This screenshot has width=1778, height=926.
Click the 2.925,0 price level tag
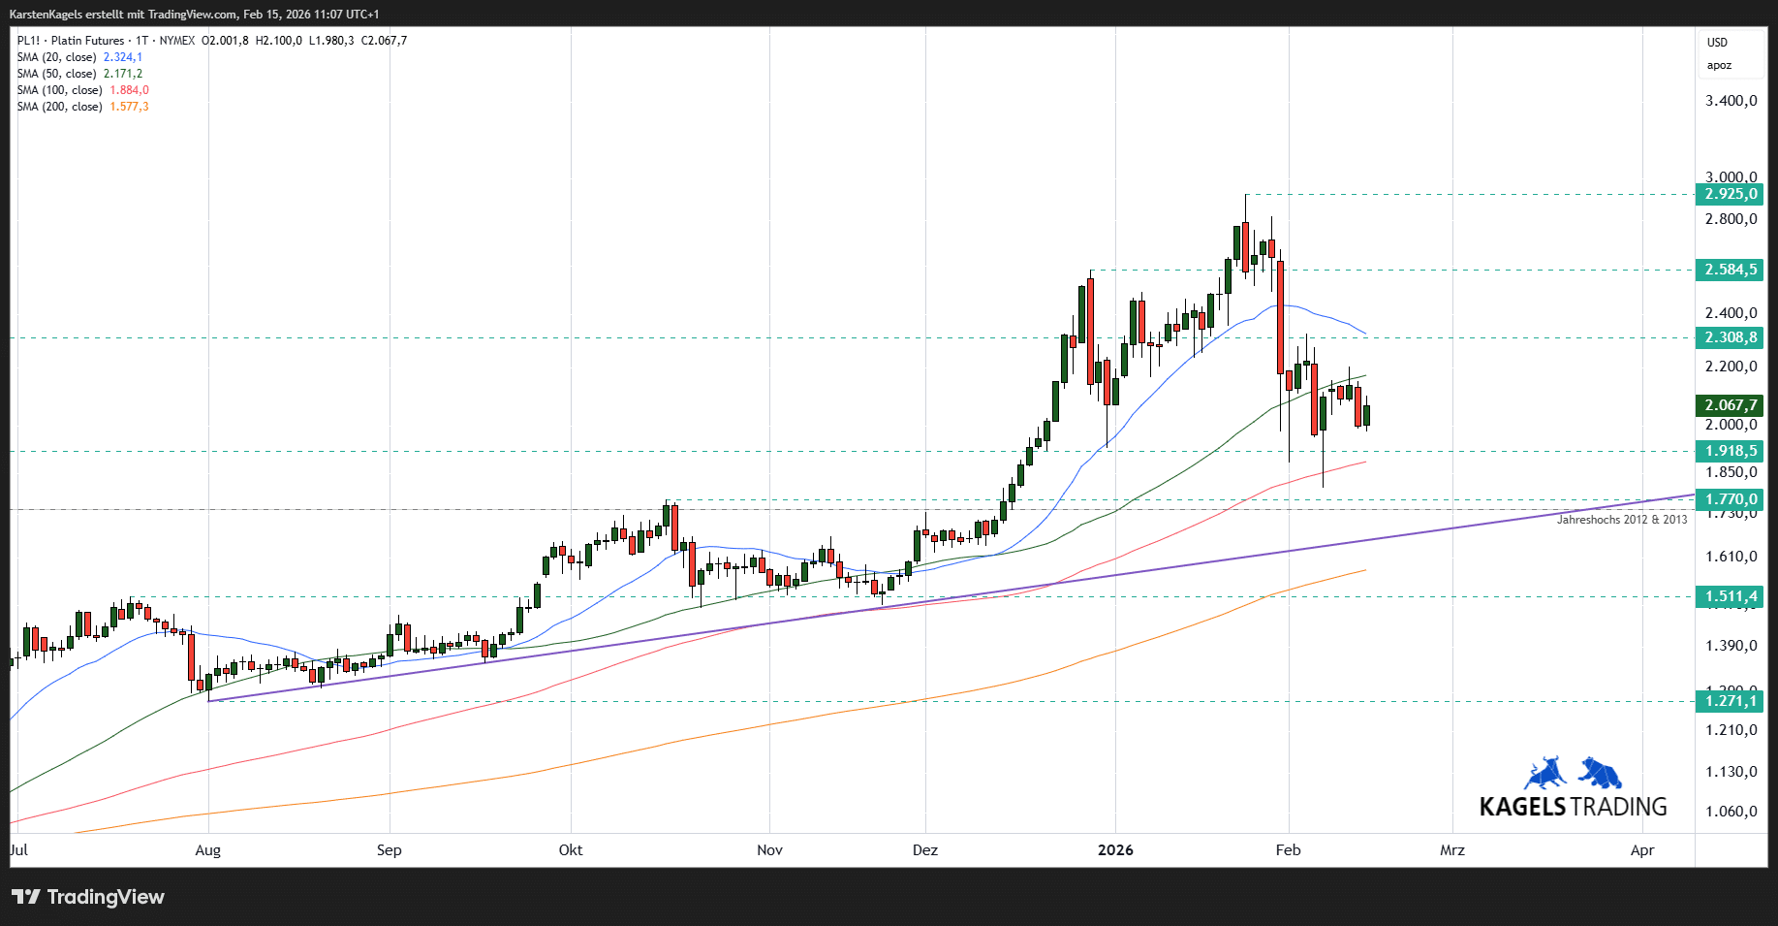pos(1731,194)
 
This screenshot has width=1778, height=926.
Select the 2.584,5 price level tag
pos(1731,270)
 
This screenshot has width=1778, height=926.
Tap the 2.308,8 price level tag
pos(1731,337)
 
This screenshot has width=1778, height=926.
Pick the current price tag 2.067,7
pos(1731,405)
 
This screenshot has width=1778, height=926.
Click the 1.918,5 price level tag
pos(1731,451)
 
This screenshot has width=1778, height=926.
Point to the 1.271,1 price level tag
pos(1731,701)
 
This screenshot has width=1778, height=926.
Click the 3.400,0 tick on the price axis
pos(1731,101)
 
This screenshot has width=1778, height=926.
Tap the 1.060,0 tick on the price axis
pos(1731,812)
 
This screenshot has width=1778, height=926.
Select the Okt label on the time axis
pos(571,850)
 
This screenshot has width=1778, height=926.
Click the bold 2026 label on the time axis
pos(1115,850)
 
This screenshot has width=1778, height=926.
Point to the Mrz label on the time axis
pos(1451,850)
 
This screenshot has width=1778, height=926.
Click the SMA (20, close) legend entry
pos(56,57)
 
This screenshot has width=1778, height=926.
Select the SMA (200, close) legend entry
pos(59,107)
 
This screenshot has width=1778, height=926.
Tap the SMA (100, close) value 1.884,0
pos(129,90)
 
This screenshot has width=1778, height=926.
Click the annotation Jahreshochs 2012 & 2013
pos(1621,520)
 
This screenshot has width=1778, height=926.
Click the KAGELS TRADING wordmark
pos(1573,807)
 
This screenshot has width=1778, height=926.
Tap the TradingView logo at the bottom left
pos(88,897)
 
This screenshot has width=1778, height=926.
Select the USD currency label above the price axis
pos(1717,43)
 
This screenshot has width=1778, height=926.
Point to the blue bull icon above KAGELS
pos(1545,773)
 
